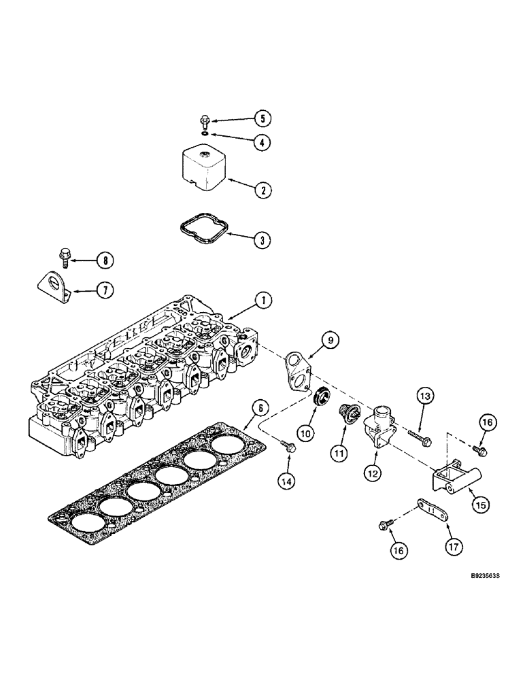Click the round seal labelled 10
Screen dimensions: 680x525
tap(318, 396)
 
